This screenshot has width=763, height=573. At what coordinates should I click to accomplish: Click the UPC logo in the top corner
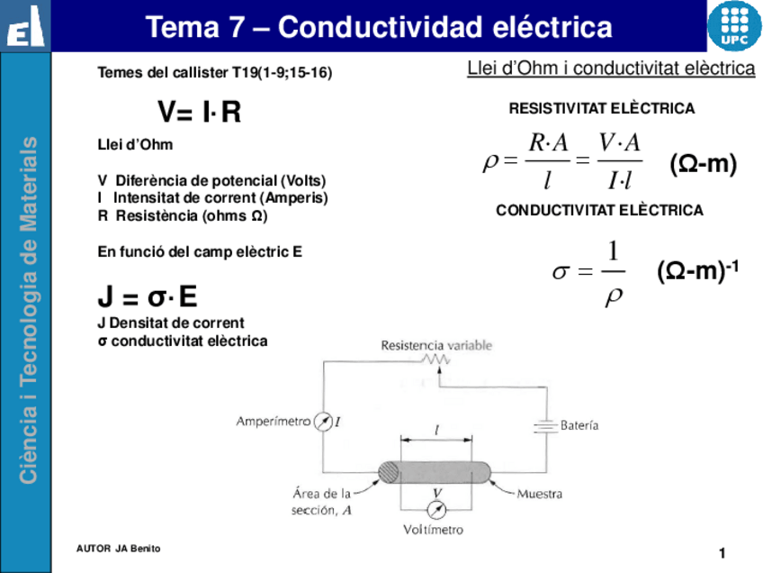point(732,26)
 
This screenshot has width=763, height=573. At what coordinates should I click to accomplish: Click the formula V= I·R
point(199,114)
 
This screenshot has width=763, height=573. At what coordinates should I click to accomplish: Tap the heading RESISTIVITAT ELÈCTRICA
point(601,109)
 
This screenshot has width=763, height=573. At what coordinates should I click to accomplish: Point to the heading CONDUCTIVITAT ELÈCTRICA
point(599,211)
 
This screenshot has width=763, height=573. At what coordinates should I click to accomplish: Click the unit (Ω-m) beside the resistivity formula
point(703,164)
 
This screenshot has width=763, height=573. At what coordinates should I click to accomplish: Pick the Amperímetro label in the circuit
point(274,421)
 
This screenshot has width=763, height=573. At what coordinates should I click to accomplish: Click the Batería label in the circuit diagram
point(579,424)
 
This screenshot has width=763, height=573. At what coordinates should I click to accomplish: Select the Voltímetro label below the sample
point(433,530)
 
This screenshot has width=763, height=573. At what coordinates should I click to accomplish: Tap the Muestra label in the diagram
point(539,494)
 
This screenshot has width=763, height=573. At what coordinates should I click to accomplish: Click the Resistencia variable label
point(435,345)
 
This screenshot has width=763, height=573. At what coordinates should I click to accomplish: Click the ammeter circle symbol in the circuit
point(321,422)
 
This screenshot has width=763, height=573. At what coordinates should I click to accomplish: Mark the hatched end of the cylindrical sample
point(390,472)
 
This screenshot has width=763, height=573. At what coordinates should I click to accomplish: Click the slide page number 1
point(722,551)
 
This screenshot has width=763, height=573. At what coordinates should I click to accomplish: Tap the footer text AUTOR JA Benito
point(112,549)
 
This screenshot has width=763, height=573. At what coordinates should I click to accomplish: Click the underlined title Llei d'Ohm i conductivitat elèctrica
point(610,68)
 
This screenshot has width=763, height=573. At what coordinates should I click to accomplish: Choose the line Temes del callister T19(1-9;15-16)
point(214,73)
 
